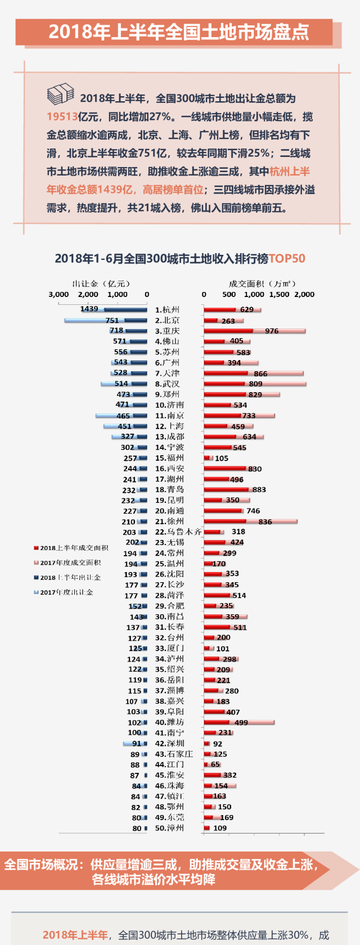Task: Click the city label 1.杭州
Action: point(167,310)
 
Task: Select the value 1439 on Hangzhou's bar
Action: point(89,309)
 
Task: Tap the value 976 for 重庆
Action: point(272,331)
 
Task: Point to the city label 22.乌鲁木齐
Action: point(178,532)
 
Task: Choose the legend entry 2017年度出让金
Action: point(66,592)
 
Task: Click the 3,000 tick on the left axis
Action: point(58,294)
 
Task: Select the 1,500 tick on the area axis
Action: point(280,294)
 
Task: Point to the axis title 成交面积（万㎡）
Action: point(262,283)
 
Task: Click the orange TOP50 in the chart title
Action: point(287,259)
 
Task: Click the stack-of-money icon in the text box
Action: point(61,94)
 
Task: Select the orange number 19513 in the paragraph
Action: point(62,116)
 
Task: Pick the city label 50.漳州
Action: point(169,828)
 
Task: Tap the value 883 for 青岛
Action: point(259,489)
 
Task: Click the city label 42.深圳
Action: point(169,744)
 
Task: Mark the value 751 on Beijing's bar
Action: point(112,321)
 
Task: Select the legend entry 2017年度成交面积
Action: point(70,562)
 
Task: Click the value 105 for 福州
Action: point(222,458)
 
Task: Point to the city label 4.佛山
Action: point(167,341)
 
